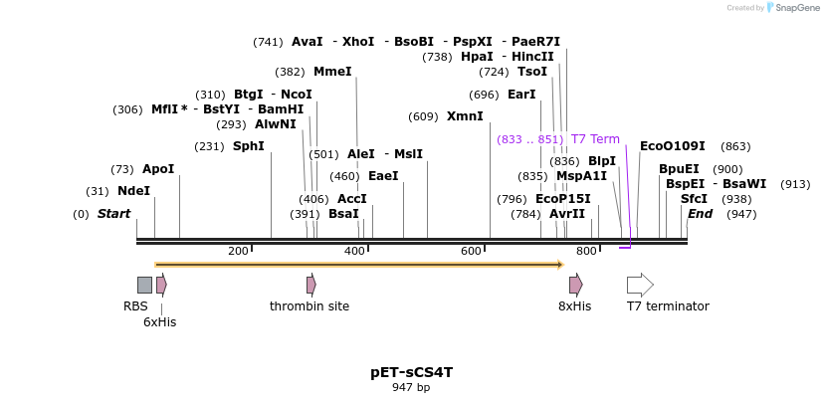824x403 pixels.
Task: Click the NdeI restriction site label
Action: (x=133, y=191)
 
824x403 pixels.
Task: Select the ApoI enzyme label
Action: (x=158, y=169)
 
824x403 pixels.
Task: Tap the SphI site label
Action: (x=249, y=146)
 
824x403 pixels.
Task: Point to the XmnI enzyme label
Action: (x=465, y=116)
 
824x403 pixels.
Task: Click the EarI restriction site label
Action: (x=521, y=95)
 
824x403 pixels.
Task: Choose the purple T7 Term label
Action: (x=595, y=139)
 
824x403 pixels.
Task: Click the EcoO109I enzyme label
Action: (x=672, y=146)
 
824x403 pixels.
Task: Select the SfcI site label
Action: (x=694, y=199)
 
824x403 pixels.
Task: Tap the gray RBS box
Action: (x=144, y=285)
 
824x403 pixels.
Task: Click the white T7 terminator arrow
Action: (x=640, y=285)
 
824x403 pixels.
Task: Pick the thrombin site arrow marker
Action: (x=311, y=285)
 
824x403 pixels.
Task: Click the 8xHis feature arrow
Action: (x=575, y=285)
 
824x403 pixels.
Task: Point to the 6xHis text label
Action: (x=159, y=321)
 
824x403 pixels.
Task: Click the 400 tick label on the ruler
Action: (x=354, y=251)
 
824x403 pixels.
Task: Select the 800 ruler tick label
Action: (x=586, y=251)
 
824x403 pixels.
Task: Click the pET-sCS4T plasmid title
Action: (x=411, y=372)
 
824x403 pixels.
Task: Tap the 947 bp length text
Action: (x=411, y=387)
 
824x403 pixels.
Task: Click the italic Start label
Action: (x=113, y=214)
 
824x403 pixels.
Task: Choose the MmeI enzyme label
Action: (x=332, y=72)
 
